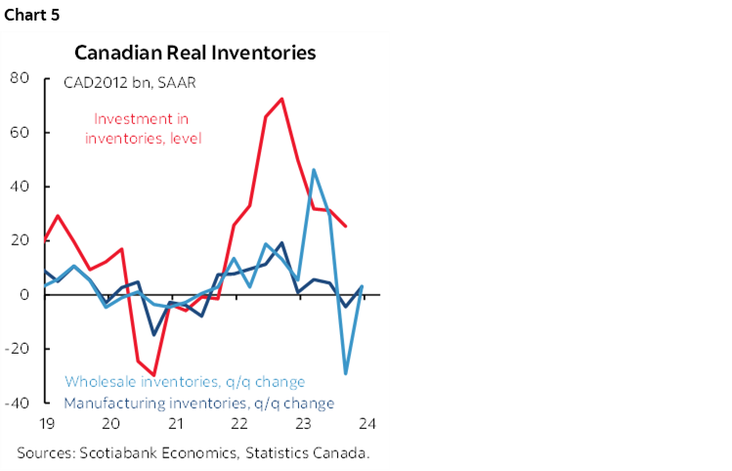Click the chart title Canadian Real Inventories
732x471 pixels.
click(x=195, y=53)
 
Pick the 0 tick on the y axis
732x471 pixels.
click(x=22, y=294)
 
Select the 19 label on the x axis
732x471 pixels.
click(x=46, y=423)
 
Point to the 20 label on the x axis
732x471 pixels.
click(x=110, y=423)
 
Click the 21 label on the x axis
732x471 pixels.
click(x=176, y=423)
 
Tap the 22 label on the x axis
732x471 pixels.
click(x=239, y=423)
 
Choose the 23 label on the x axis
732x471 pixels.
click(x=304, y=423)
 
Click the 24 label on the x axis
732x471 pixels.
click(x=368, y=423)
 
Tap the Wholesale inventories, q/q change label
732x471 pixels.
click(x=185, y=382)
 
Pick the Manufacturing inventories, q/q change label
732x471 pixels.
click(x=199, y=403)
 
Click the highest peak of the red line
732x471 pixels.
click(x=281, y=99)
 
